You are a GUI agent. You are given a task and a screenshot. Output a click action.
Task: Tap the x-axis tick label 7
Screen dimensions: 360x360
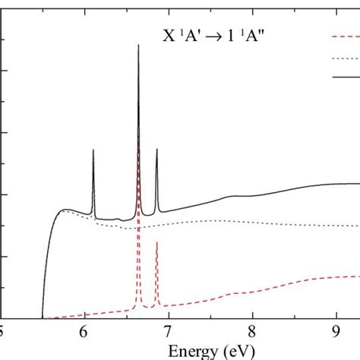tap(168, 332)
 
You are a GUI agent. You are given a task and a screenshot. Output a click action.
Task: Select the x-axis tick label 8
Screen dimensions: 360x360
tap(252, 332)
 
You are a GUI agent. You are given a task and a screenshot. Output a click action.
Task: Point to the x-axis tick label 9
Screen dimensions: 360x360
tap(336, 332)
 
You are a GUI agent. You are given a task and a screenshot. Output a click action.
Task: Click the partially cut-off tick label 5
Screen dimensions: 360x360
tap(2, 332)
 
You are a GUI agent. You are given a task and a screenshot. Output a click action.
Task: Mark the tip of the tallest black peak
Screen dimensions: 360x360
tap(138, 45)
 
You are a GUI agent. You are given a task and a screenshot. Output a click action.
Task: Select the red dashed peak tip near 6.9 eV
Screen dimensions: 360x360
tap(156, 242)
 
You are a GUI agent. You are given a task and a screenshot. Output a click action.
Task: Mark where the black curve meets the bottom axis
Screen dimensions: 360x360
tap(43, 317)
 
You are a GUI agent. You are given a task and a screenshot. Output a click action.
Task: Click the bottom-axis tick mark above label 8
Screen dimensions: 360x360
tap(252, 314)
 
